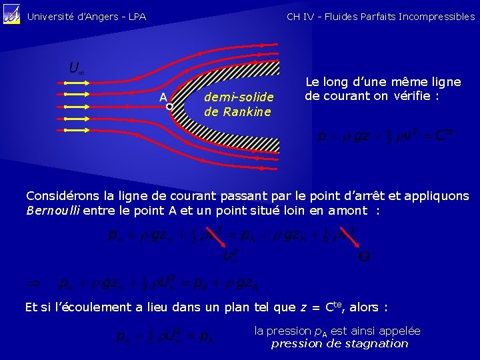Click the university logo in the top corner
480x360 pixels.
tap(12, 16)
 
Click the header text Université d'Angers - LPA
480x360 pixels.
tap(86, 17)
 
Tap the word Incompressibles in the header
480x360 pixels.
tap(437, 17)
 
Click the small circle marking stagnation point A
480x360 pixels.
tap(169, 106)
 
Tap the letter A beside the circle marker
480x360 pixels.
tap(162, 97)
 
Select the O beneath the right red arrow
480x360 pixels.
tap(364, 256)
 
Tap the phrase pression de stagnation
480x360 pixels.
tap(339, 344)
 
